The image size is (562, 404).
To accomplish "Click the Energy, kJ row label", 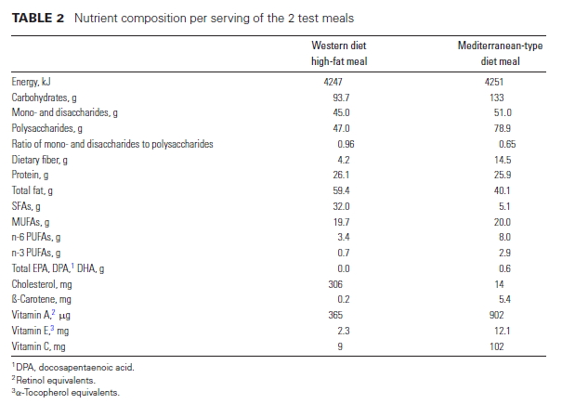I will coord(33,83).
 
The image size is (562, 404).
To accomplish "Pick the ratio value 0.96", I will coord(345,144).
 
